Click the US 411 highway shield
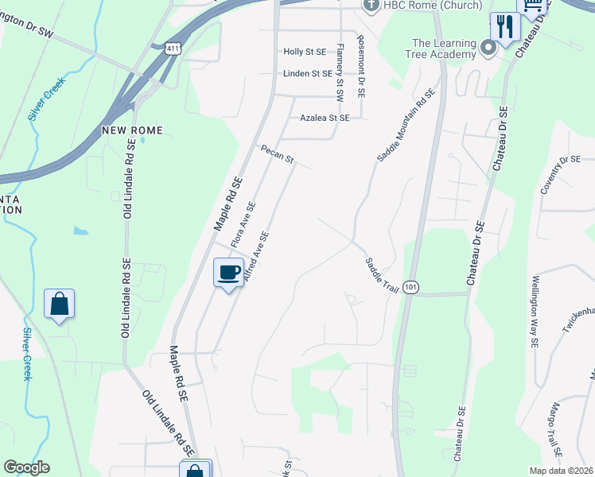click(174, 49)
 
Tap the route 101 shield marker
click(410, 287)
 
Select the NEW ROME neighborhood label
click(132, 130)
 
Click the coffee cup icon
click(229, 273)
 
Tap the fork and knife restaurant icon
click(504, 26)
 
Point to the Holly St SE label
click(305, 52)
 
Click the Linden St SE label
click(306, 74)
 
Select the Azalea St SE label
click(325, 118)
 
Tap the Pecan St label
click(278, 155)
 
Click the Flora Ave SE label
click(243, 223)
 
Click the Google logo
click(26, 467)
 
